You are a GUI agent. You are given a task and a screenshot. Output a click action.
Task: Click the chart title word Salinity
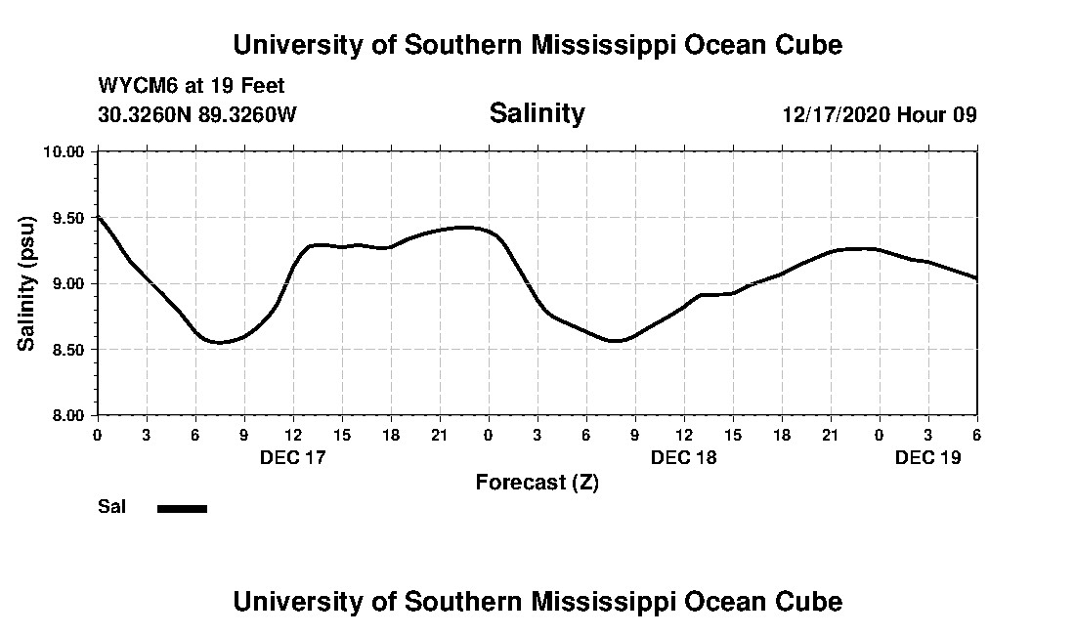(537, 113)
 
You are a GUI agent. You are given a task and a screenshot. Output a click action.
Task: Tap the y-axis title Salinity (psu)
(27, 283)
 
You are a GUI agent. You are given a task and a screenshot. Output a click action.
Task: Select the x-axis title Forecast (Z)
(537, 483)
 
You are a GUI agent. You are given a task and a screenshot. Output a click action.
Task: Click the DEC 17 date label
(292, 457)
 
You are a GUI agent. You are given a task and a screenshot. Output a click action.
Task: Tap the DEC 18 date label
(683, 457)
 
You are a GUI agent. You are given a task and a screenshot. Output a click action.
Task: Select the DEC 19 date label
(927, 457)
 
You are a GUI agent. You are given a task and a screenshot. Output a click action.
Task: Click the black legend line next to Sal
(182, 508)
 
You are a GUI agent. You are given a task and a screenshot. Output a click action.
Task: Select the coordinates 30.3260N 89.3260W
(197, 114)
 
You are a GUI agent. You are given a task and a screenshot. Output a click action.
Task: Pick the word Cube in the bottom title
(811, 601)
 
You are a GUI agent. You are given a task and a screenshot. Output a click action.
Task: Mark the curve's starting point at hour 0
(98, 216)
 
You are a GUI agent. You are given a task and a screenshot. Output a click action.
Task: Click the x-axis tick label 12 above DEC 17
(292, 434)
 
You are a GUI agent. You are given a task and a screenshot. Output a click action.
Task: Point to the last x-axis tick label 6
(976, 434)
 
